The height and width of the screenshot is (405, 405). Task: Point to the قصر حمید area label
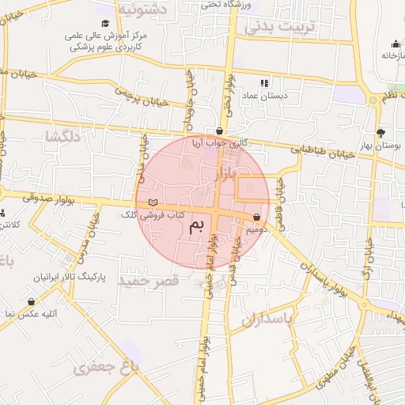[x=144, y=280]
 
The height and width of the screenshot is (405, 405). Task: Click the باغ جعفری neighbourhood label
[x=106, y=366]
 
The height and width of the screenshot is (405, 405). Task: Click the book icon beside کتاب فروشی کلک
[x=153, y=203]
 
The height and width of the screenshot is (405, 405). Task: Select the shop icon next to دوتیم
[x=256, y=217]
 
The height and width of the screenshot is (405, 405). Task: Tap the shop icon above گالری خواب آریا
[x=219, y=131]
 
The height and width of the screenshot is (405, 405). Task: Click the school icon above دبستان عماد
[x=264, y=81]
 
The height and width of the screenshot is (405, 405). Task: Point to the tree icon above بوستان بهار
[x=380, y=133]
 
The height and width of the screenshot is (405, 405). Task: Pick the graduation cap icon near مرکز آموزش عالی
[x=106, y=23]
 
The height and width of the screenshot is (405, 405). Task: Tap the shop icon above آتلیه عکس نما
[x=31, y=301]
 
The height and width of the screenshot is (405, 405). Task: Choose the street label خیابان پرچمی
[x=143, y=97]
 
